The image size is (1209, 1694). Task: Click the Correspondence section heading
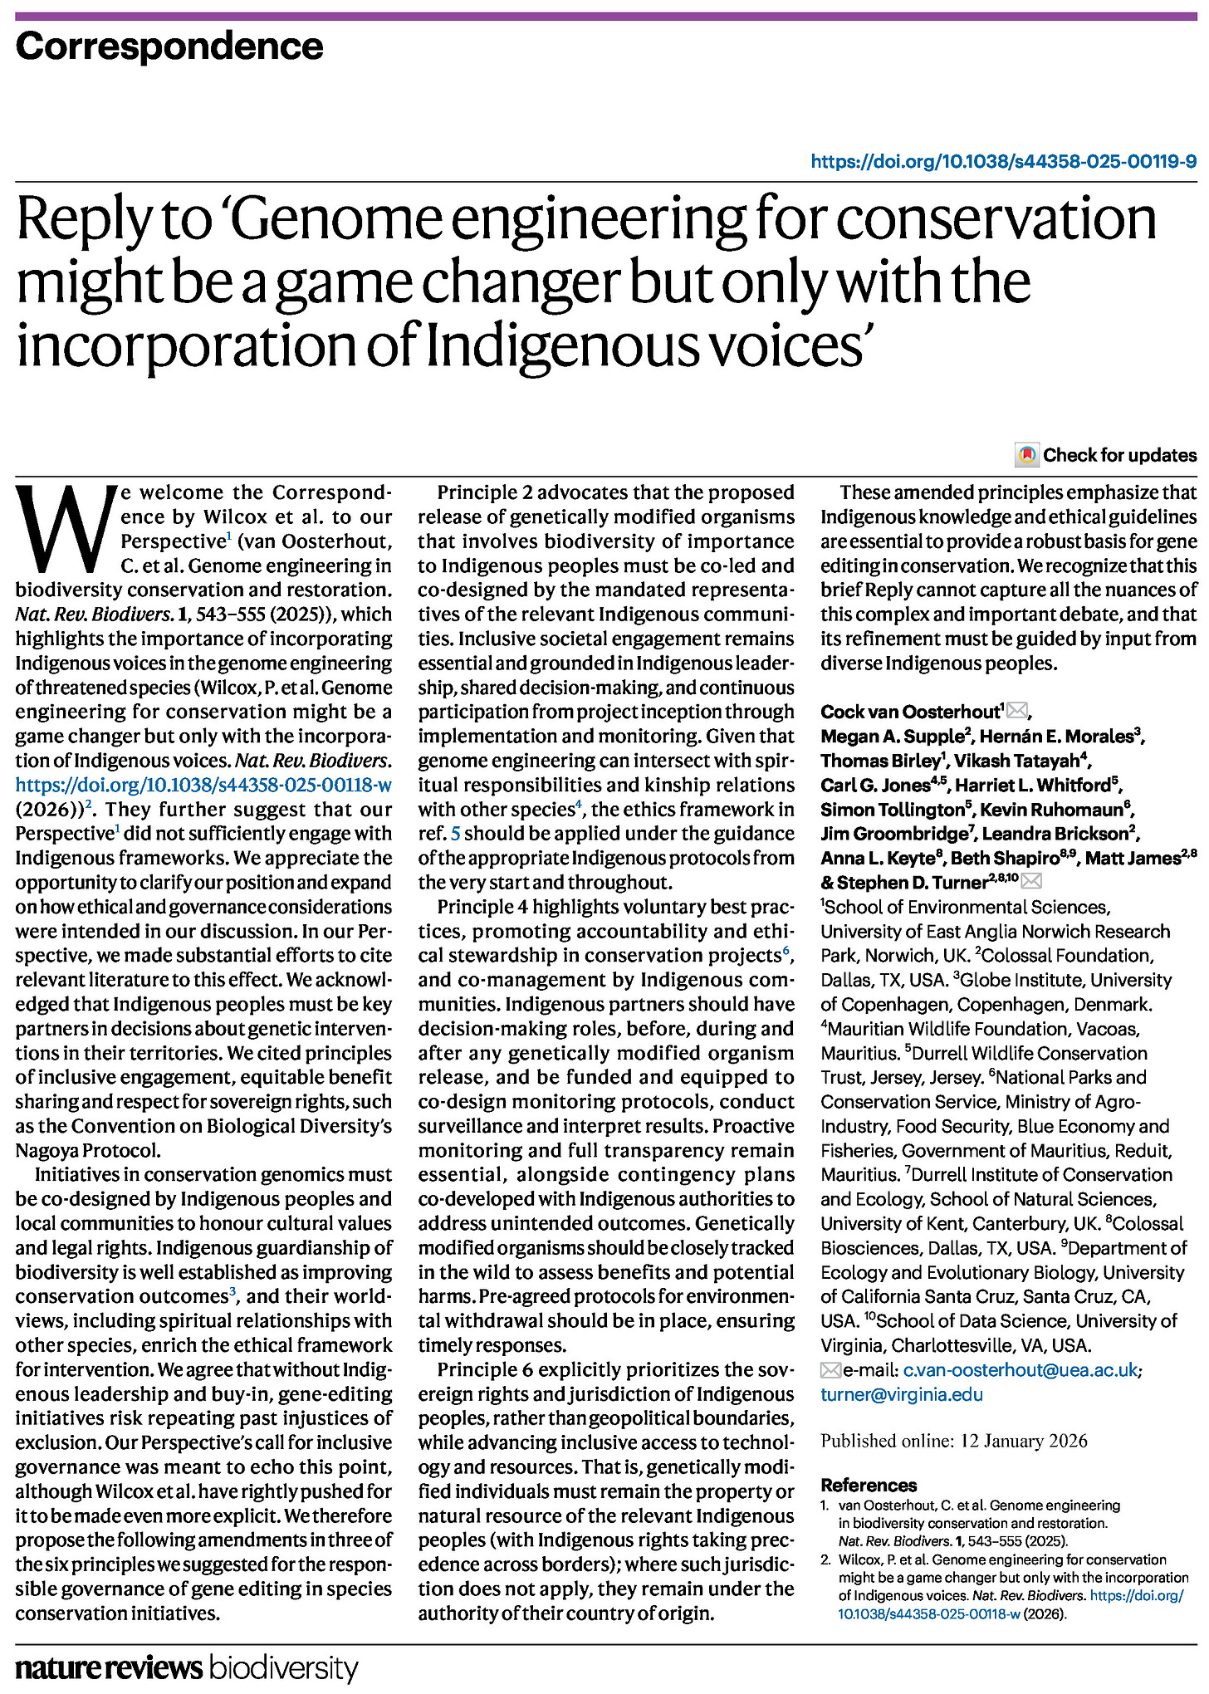coord(169,47)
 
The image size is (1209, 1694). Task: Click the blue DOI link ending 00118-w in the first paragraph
coord(203,785)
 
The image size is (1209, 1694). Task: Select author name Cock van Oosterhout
coord(909,712)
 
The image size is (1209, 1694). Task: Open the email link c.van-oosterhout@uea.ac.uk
coord(1021,1370)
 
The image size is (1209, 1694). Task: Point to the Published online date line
coord(954,1441)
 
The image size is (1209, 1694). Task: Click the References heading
coord(869,1485)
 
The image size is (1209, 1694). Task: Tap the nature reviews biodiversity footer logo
coord(187,1668)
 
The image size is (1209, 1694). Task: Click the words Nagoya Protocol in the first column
coord(87,1150)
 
